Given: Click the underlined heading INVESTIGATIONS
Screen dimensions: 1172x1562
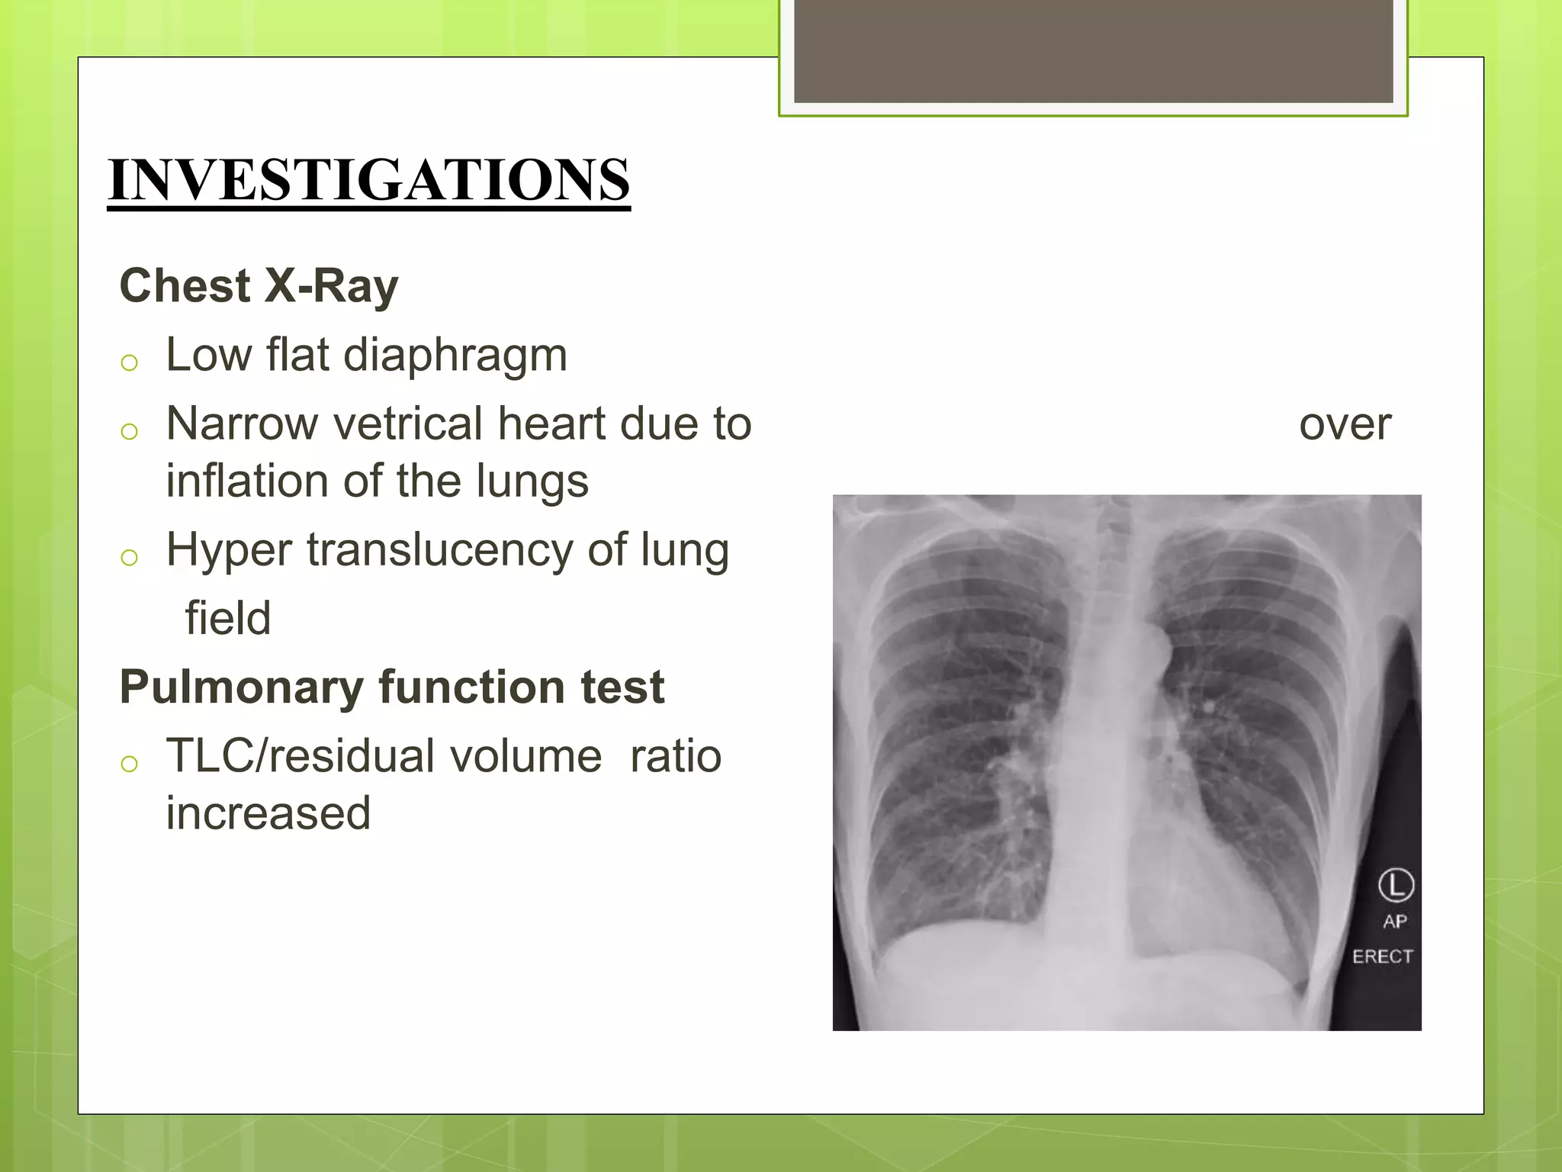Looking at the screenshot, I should [369, 180].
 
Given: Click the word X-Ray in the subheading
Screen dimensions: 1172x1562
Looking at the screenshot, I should [331, 287].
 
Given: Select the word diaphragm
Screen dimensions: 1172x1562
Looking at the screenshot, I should [455, 356].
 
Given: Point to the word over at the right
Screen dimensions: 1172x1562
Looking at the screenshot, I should [1345, 425].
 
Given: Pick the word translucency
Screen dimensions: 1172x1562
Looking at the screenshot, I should [440, 550].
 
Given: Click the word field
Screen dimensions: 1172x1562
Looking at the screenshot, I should [228, 618].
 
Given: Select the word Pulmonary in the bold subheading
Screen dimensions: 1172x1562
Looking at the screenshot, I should [242, 687].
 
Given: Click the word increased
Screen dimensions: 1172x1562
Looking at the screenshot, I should [268, 813].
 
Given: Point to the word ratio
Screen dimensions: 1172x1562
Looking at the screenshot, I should [675, 756].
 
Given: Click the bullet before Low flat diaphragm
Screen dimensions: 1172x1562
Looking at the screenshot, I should [129, 363].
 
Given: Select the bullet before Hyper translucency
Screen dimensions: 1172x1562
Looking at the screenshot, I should [129, 558].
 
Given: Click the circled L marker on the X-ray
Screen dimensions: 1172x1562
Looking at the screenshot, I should [1396, 885].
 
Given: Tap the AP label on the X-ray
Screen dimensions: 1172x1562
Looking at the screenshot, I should [1395, 922].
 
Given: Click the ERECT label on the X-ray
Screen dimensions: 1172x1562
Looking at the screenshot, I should [1382, 957].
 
